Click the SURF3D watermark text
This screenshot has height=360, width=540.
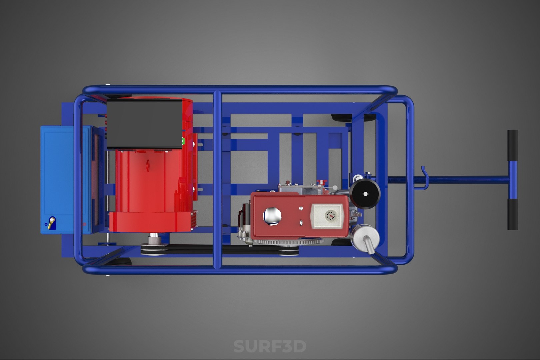(270, 346)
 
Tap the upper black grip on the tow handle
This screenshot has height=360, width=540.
(513, 145)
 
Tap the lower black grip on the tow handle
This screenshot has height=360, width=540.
(513, 214)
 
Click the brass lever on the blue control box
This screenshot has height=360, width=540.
(51, 223)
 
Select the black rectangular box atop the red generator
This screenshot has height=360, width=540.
(144, 124)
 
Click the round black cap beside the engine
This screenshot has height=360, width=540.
(365, 194)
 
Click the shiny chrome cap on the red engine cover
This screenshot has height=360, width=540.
(272, 216)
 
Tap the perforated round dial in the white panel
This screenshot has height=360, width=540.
(330, 215)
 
